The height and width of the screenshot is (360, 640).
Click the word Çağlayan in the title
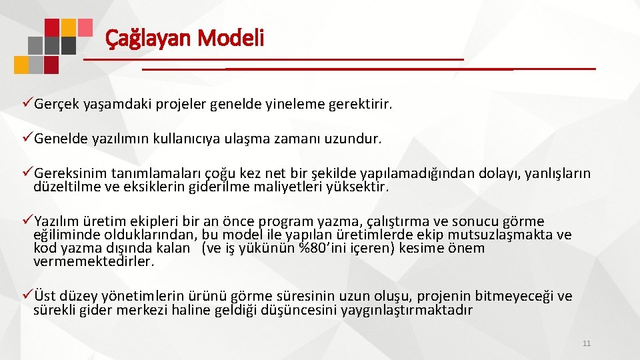click(147, 38)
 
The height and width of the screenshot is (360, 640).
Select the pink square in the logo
click(84, 26)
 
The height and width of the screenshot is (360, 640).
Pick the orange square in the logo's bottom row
click(22, 64)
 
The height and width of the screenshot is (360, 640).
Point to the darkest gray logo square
click(68, 45)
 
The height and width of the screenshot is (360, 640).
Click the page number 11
click(587, 343)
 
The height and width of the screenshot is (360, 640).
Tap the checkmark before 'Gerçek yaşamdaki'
click(27, 104)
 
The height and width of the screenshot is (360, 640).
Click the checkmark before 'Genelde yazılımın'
click(27, 139)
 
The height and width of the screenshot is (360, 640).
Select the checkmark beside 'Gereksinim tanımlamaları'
click(27, 173)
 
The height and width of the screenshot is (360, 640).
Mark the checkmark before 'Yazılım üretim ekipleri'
click(27, 221)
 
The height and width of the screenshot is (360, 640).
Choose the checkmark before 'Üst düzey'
click(27, 295)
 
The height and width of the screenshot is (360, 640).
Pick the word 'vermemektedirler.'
click(94, 261)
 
